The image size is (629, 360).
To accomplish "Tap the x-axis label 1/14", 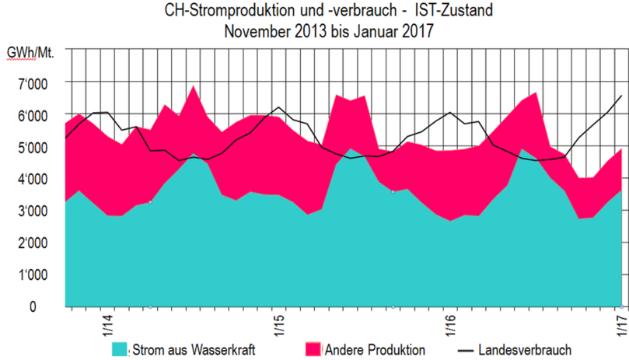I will [107, 322].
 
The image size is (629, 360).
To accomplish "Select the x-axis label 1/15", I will [278, 322].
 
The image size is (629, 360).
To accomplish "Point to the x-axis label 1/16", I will [449, 322].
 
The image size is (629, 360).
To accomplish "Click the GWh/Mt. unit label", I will [29, 53].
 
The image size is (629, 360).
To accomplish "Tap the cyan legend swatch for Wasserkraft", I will [119, 348].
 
